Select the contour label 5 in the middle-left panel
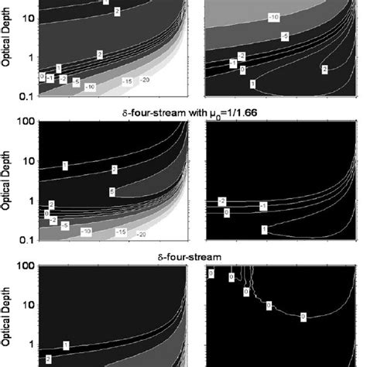(112, 192)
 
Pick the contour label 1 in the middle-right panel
(265, 229)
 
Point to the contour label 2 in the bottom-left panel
(48, 358)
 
